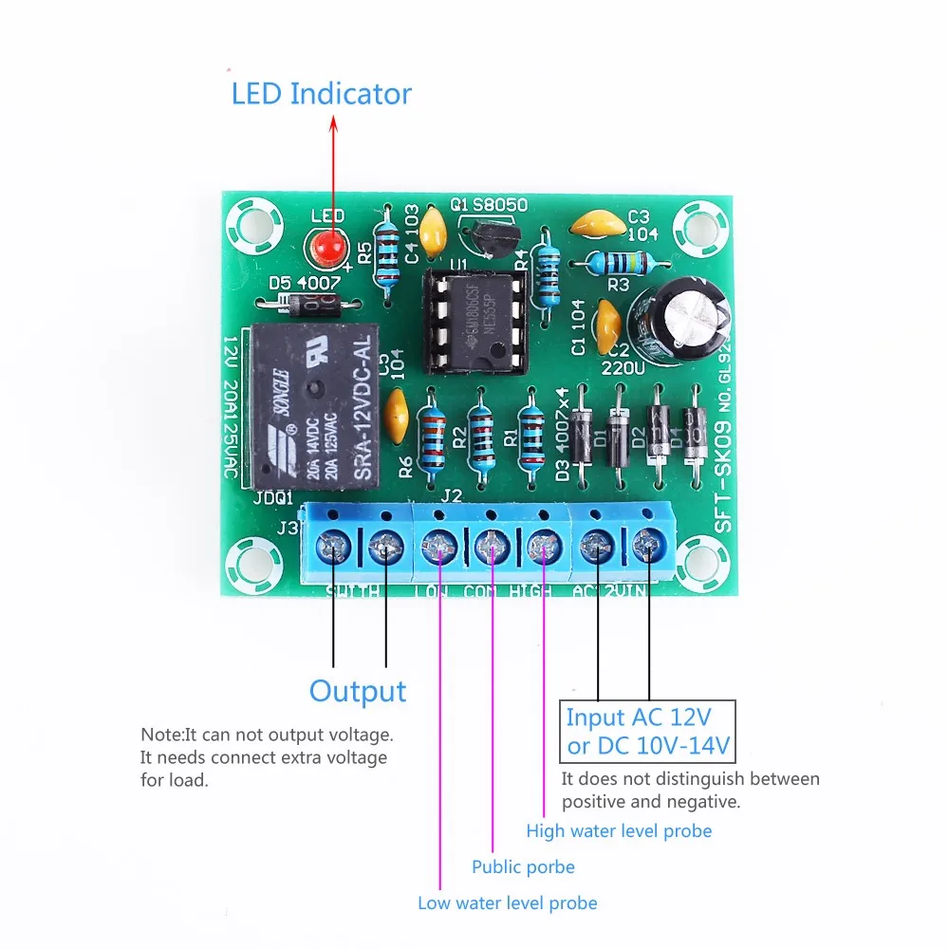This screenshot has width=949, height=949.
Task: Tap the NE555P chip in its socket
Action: (474, 320)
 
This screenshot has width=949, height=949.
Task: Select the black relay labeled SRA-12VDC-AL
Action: (316, 406)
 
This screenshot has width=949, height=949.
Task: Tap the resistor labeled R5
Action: (386, 253)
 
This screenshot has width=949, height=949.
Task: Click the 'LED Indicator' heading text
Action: (322, 94)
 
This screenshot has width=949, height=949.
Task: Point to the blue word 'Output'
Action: (358, 691)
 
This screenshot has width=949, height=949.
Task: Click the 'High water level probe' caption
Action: (619, 830)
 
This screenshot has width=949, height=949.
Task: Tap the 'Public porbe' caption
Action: (523, 866)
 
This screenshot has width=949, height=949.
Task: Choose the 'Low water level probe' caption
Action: (508, 902)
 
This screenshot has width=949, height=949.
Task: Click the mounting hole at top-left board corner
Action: (251, 224)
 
